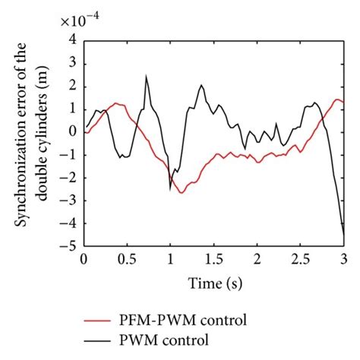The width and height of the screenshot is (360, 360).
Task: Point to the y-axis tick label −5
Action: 70,247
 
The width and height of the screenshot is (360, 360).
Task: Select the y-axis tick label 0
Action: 74,131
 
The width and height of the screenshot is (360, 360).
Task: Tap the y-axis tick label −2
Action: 70,178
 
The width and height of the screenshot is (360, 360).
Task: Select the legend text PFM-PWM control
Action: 182,317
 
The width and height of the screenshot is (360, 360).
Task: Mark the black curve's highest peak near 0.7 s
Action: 146,76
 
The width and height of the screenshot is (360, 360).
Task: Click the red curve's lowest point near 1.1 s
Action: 182,193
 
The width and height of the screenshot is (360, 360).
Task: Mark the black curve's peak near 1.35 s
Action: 201,85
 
